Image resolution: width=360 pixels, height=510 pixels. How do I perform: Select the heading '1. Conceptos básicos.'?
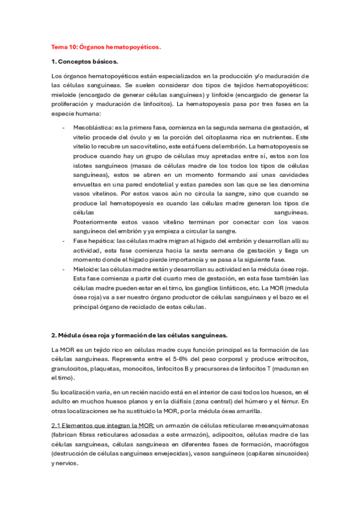[85, 61]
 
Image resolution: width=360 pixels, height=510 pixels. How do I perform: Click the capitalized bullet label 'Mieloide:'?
[85, 269]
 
